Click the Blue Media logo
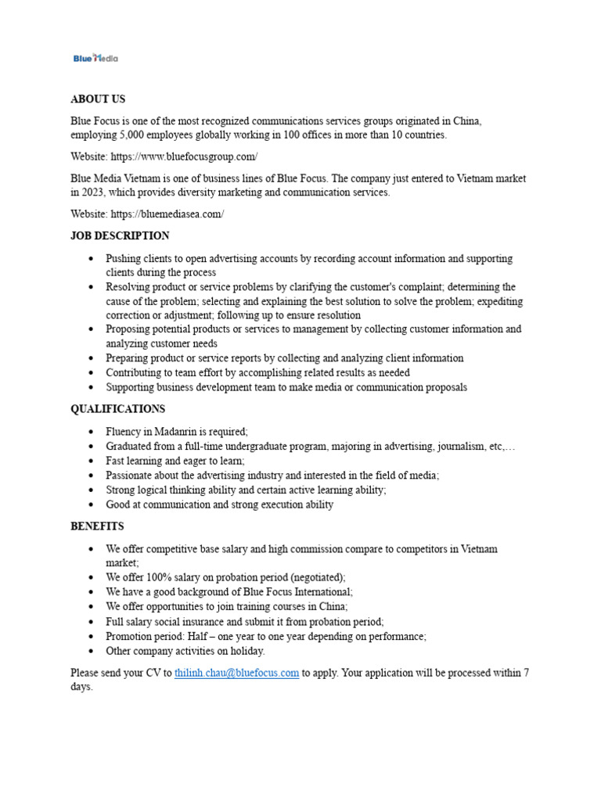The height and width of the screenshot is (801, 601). pos(95,58)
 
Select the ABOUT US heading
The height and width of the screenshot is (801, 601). pos(98,99)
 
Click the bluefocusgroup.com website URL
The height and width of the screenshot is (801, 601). pos(184,156)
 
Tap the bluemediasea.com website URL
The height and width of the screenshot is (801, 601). pos(167,214)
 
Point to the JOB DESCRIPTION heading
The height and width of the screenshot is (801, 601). pos(120,235)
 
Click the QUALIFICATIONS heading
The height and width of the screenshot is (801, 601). pos(117,409)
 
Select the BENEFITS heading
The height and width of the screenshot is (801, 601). pos(97,526)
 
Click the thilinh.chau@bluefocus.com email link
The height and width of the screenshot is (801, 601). pos(236,673)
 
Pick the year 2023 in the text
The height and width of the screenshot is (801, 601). pos(95,192)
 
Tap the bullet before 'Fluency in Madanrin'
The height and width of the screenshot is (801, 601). pos(92,432)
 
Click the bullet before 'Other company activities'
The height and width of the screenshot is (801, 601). pos(92,651)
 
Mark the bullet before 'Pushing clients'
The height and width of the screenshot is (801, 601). pos(92,258)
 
